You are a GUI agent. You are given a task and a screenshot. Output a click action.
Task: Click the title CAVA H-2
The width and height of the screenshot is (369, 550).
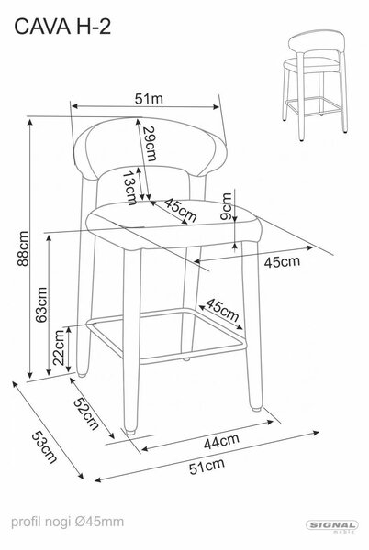point(62,27)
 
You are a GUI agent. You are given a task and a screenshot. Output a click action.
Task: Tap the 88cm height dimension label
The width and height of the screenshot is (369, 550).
point(23,248)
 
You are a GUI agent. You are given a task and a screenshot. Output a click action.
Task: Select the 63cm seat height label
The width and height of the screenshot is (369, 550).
point(41,305)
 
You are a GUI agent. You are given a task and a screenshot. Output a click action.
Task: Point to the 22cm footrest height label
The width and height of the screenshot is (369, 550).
point(58,347)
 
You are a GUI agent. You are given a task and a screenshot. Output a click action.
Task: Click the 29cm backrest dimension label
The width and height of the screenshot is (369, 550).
point(150,143)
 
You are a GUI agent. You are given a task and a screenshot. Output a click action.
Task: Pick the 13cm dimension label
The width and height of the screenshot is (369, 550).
point(129,188)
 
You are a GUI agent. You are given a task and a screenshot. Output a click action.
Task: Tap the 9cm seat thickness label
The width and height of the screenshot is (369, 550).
point(227,206)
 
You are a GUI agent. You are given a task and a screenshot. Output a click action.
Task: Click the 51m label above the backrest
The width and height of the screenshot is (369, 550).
point(149,99)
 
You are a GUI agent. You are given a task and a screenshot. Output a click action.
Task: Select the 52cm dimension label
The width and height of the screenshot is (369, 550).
point(86,414)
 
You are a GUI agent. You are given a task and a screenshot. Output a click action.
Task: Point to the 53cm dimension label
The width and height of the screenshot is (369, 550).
point(44,447)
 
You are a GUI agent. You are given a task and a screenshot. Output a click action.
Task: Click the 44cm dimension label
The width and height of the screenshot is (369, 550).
point(221,441)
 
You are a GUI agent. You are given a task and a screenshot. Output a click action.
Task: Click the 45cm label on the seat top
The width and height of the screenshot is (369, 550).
point(181,210)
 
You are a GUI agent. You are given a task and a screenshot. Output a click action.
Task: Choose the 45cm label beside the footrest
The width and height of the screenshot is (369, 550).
point(222,310)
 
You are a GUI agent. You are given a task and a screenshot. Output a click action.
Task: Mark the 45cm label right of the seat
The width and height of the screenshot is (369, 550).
point(282,261)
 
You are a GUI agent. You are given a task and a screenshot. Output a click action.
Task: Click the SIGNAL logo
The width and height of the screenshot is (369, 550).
point(331,526)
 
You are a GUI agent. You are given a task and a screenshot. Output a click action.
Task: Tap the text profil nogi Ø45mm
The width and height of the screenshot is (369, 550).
point(67,522)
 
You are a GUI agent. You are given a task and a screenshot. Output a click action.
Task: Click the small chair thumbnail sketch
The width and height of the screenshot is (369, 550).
point(315,85)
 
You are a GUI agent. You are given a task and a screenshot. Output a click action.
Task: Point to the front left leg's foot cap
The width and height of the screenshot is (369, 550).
point(130,431)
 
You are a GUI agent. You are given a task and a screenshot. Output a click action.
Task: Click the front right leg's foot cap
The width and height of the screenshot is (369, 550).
point(256,408)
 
